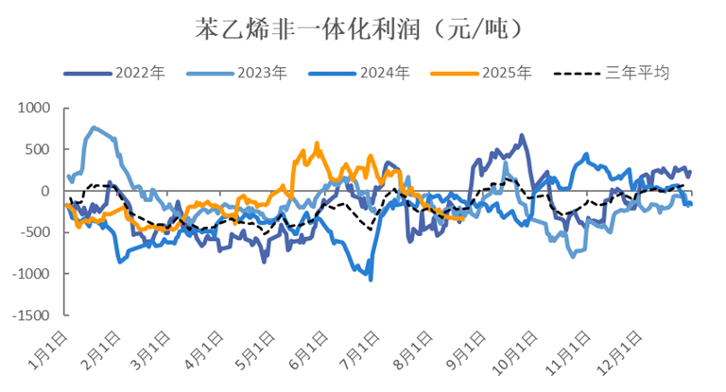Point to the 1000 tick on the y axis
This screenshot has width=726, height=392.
(x=35, y=109)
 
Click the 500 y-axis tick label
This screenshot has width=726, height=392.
(x=39, y=149)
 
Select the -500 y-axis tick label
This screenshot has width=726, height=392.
(x=36, y=232)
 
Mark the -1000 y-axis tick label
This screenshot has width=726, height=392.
(x=32, y=274)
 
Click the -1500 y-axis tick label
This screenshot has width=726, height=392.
(x=32, y=315)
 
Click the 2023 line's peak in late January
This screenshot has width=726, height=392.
(x=94, y=128)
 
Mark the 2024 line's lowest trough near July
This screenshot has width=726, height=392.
(x=371, y=279)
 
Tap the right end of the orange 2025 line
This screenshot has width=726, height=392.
(x=462, y=218)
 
